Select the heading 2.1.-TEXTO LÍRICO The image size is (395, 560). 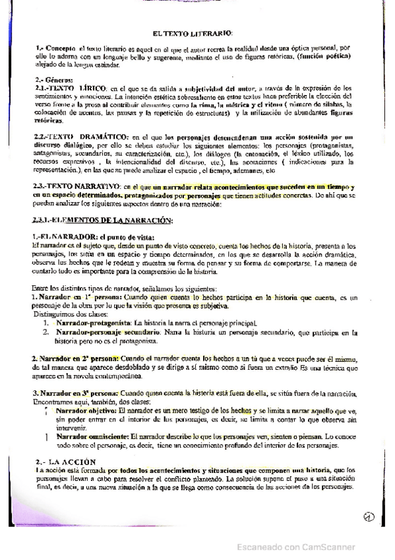coord(69,88)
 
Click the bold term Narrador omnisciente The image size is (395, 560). coord(93,437)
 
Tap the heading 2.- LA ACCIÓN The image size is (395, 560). coord(65,461)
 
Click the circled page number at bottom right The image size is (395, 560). coord(369,516)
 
